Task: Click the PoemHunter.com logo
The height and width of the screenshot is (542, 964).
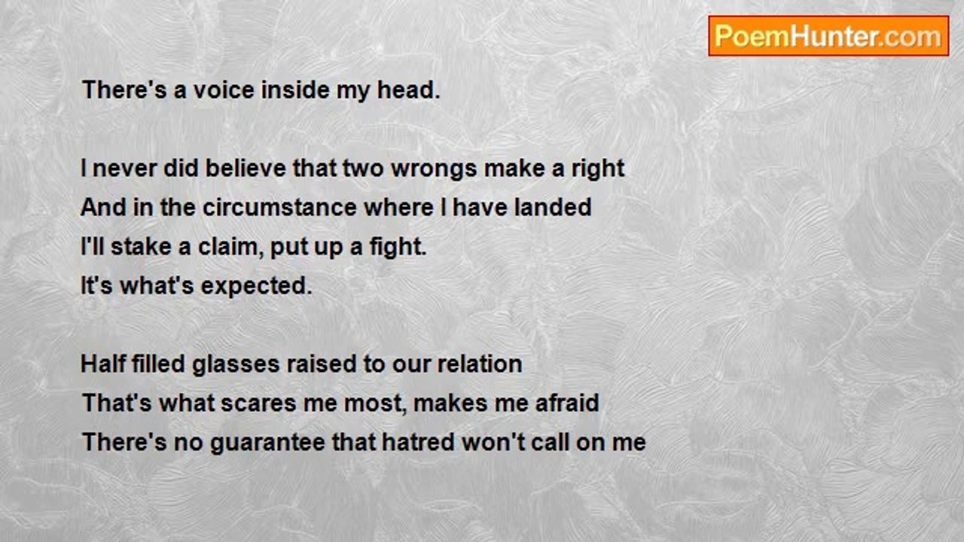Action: [x=828, y=36]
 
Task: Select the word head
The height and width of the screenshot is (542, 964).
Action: [x=409, y=90]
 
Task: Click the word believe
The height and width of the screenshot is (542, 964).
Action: [x=246, y=168]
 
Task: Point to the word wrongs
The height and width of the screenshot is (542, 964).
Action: [x=434, y=170]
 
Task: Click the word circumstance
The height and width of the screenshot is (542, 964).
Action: [x=279, y=208]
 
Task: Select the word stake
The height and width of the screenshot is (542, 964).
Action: [x=141, y=247]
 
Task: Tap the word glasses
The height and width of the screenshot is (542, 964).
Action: [x=236, y=366]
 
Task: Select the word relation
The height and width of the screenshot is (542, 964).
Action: [x=480, y=364]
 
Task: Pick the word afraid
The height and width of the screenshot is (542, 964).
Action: [x=567, y=403]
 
